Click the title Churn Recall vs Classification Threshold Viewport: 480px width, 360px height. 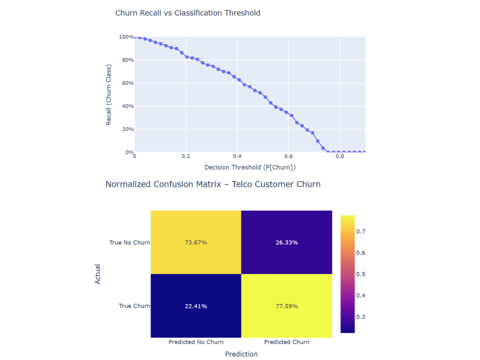[188, 13]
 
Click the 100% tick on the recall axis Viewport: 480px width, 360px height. [126, 37]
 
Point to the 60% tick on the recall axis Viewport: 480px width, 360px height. [127, 83]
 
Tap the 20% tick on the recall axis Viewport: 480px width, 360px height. [127, 129]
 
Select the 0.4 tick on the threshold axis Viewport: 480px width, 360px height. [237, 156]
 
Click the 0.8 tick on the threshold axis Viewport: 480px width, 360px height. [340, 156]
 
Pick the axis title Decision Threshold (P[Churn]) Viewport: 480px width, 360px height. [250, 168]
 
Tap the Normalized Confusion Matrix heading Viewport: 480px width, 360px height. [213, 184]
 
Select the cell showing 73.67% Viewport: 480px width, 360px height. [196, 242]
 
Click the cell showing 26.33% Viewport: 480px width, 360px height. [287, 242]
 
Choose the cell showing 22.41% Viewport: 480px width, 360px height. [196, 306]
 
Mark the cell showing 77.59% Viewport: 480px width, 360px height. [287, 306]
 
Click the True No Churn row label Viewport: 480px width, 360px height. [130, 242]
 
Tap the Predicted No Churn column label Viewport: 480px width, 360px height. [196, 342]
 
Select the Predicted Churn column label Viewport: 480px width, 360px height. [287, 342]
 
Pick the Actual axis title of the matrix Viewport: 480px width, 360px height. [98, 274]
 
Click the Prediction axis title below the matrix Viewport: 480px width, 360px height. [241, 354]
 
